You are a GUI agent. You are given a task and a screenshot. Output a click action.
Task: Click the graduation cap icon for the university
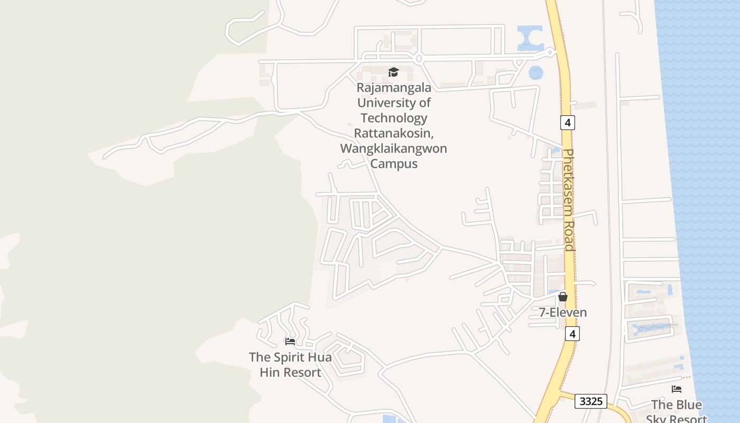point(393,72)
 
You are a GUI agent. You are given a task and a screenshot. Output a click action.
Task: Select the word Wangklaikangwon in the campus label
point(393,148)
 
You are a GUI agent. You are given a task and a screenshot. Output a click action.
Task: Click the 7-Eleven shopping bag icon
point(563,297)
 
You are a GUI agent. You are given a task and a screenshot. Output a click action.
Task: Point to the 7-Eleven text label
point(563,312)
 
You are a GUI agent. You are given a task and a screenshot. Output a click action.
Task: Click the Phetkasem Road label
point(569,200)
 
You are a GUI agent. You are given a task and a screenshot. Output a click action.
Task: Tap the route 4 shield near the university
point(568,123)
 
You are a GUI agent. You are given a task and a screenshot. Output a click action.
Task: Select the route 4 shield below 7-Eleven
point(572,334)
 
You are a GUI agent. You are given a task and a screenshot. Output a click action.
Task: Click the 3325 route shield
point(591,401)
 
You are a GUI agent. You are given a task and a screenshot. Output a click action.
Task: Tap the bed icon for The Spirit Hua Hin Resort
point(290,342)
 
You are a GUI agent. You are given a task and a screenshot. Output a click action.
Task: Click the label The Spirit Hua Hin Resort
point(290,365)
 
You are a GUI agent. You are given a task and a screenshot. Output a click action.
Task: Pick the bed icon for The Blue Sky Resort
point(676,389)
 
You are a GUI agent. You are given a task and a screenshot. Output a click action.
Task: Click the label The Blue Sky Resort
point(677,412)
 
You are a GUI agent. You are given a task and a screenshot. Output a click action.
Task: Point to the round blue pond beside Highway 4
point(535,72)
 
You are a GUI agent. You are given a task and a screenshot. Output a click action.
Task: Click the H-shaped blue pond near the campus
point(530,39)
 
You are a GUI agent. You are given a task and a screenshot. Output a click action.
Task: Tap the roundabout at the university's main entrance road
point(418,59)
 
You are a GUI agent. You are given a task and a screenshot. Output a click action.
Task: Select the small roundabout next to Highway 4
point(550,52)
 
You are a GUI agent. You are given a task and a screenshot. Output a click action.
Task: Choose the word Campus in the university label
point(393,163)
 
